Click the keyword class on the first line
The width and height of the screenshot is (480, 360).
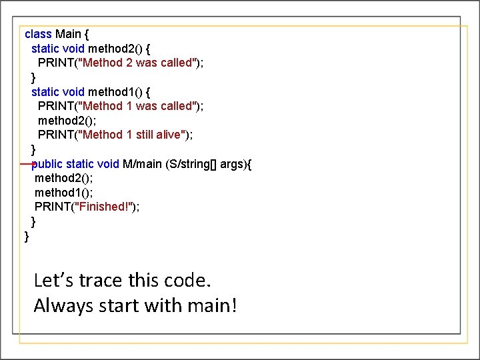pyautogui.click(x=38, y=33)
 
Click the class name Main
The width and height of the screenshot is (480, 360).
pyautogui.click(x=69, y=33)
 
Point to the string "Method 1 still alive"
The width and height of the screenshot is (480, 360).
pyautogui.click(x=133, y=135)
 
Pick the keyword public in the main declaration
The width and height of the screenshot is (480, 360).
pyautogui.click(x=47, y=164)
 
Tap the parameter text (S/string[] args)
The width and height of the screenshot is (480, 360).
pyautogui.click(x=206, y=164)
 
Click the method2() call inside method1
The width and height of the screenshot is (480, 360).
pyautogui.click(x=67, y=121)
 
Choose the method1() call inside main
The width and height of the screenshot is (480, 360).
pyautogui.click(x=64, y=193)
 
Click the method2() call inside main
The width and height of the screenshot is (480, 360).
pyautogui.click(x=64, y=178)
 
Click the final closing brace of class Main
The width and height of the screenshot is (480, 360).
pyautogui.click(x=27, y=237)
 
